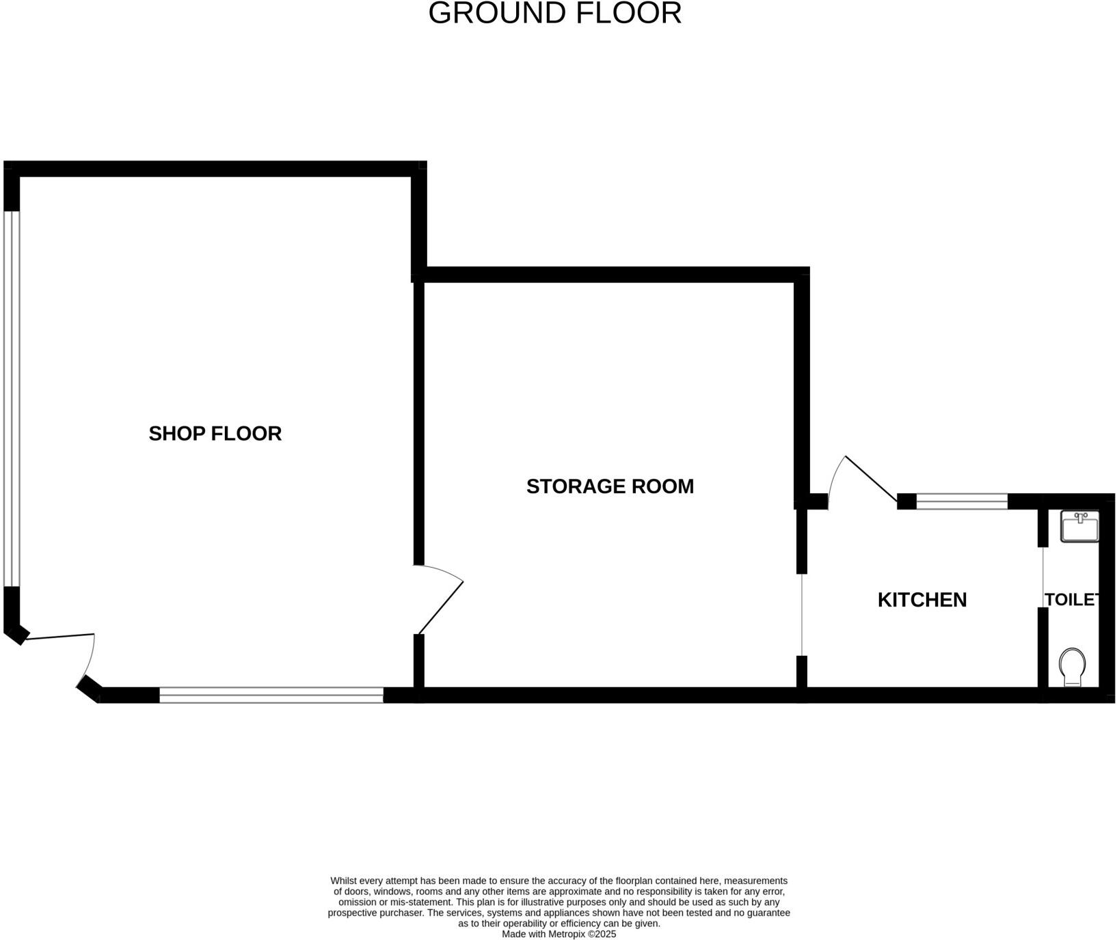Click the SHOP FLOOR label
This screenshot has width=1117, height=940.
[x=215, y=434]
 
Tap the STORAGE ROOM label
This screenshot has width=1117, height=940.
[x=610, y=486]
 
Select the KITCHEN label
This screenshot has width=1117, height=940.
[x=921, y=600]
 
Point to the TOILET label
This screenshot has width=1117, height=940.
[x=1071, y=600]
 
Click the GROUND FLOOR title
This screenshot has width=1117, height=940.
[x=554, y=14]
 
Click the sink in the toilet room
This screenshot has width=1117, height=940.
[x=1079, y=527]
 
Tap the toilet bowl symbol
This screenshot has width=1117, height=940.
[x=1072, y=667]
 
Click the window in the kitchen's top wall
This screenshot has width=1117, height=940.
[x=961, y=501]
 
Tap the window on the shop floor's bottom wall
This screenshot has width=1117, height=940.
[x=271, y=695]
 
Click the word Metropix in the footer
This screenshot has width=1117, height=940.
[x=566, y=934]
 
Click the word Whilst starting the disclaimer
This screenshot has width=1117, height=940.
[x=344, y=881]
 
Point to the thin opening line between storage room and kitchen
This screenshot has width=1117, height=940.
[x=801, y=615]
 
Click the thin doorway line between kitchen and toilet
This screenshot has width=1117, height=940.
[x=1042, y=577]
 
